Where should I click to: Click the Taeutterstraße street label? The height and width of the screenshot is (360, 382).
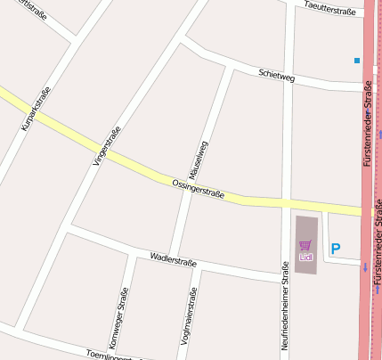(329, 11)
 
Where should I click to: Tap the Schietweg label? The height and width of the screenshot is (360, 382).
(276, 77)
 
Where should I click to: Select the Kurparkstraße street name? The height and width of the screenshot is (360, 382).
(35, 108)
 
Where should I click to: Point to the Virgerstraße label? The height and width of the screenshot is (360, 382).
(106, 145)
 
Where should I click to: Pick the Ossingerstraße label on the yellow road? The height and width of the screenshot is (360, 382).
(198, 189)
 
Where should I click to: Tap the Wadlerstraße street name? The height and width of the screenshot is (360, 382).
(174, 258)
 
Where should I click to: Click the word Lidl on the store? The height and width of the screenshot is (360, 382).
(306, 257)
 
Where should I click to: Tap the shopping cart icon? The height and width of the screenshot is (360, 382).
(306, 245)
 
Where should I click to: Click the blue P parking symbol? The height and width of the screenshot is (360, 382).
(336, 249)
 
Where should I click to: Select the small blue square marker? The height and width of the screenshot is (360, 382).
(356, 61)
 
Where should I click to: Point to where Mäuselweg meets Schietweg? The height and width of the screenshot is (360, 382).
(232, 67)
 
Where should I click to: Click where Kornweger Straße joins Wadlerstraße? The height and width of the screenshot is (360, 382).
(133, 253)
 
